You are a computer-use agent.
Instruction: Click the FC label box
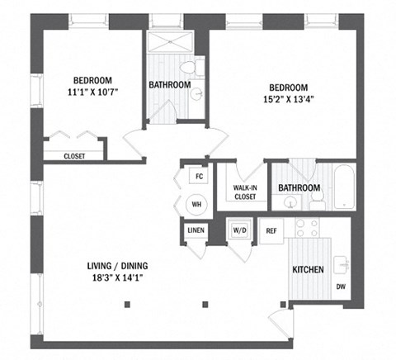point(198,176)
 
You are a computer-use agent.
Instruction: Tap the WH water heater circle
point(197,202)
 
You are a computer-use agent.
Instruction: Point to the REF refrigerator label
point(271,230)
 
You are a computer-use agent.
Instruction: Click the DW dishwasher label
point(340,287)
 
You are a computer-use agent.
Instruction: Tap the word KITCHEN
point(307,270)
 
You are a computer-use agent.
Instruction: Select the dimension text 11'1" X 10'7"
point(92,92)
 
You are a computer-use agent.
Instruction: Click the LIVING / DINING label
point(121,266)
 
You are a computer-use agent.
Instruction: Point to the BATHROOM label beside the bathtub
point(299,188)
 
